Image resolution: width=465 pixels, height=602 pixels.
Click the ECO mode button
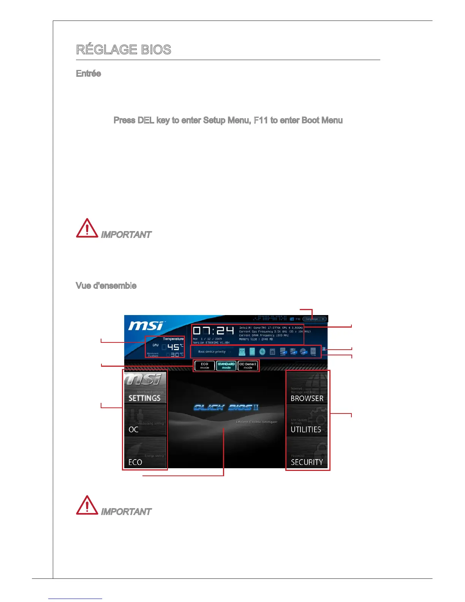tap(204, 366)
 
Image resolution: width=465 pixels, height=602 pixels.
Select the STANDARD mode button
tap(226, 366)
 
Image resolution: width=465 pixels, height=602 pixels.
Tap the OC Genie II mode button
tap(248, 366)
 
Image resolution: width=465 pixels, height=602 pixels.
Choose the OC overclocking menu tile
tap(145, 420)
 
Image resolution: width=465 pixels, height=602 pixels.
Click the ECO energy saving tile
tap(145, 453)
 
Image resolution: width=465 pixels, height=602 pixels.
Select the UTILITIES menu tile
tap(307, 420)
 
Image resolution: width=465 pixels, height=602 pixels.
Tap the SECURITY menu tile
tap(307, 453)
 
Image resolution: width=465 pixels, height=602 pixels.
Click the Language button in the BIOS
tap(312, 319)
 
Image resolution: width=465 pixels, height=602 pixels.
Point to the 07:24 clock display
tap(213, 331)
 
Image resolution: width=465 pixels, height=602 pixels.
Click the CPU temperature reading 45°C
tap(173, 347)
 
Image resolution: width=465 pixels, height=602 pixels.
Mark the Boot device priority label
tap(212, 352)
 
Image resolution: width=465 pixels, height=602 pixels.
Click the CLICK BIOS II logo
tap(226, 408)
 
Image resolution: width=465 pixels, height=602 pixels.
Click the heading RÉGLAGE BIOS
tap(123, 50)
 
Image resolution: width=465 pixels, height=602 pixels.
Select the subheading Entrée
tap(89, 74)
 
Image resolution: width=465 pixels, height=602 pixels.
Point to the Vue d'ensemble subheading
tap(106, 286)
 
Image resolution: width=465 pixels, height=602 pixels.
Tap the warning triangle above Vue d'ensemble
tap(87, 228)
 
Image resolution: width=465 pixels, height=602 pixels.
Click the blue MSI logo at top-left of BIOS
tap(146, 326)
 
